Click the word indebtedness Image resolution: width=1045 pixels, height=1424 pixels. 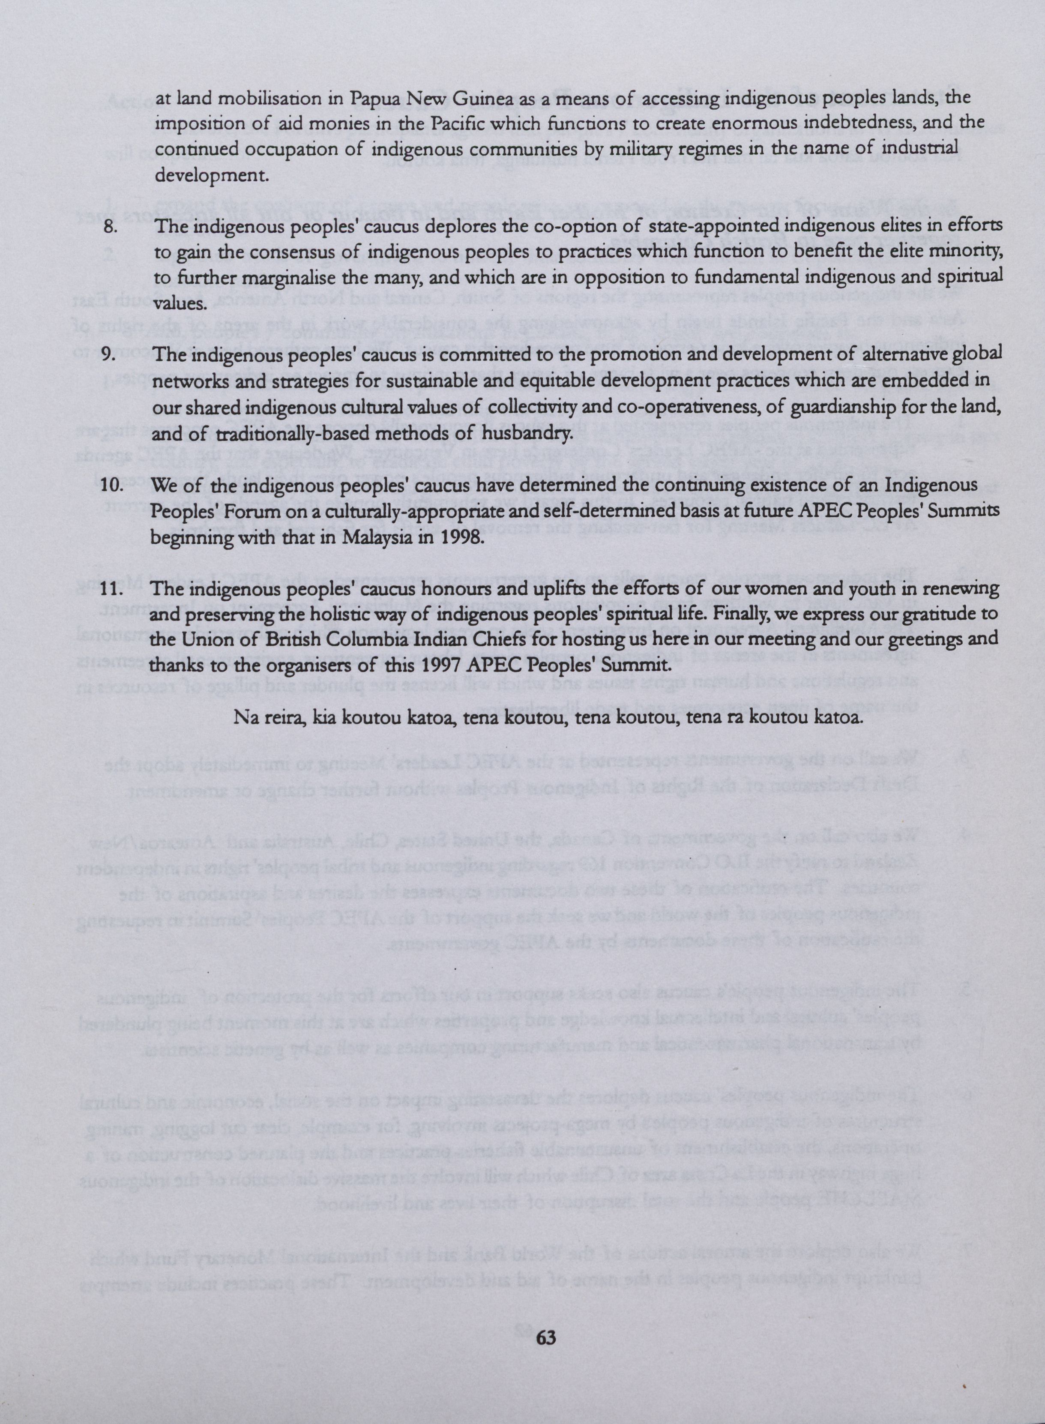831,124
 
